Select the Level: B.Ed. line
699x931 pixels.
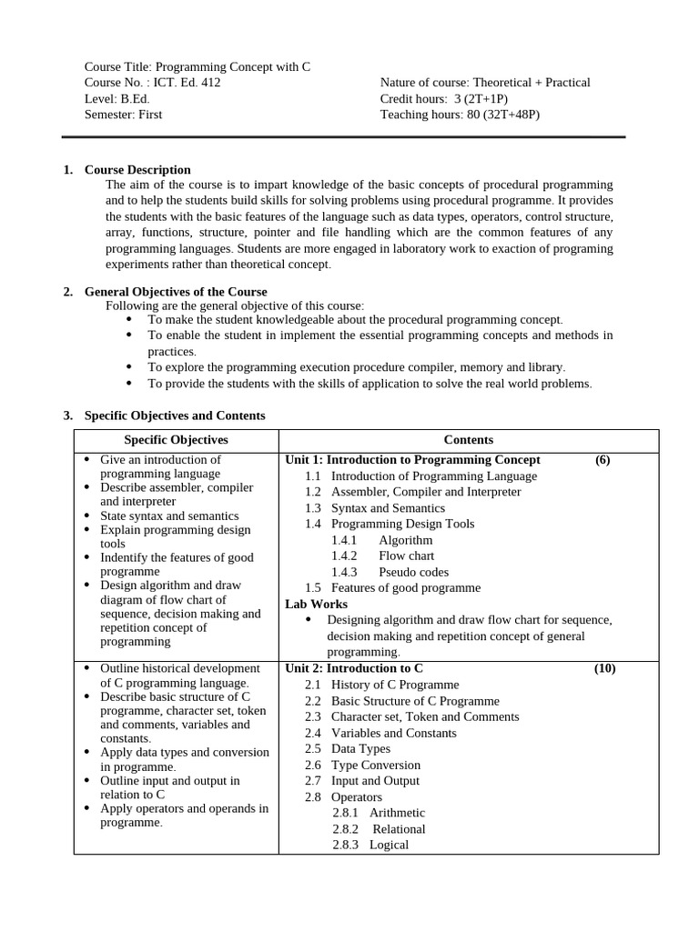pos(117,98)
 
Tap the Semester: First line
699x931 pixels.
pos(124,115)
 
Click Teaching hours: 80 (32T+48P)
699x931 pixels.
pos(453,115)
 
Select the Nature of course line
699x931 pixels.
pos(485,83)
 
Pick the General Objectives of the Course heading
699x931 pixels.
pos(176,292)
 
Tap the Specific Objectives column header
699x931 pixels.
pos(176,440)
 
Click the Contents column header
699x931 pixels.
pos(469,440)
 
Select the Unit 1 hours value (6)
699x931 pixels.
pos(603,460)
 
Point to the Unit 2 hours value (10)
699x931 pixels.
pos(604,669)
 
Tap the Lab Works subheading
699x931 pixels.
pos(316,604)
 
